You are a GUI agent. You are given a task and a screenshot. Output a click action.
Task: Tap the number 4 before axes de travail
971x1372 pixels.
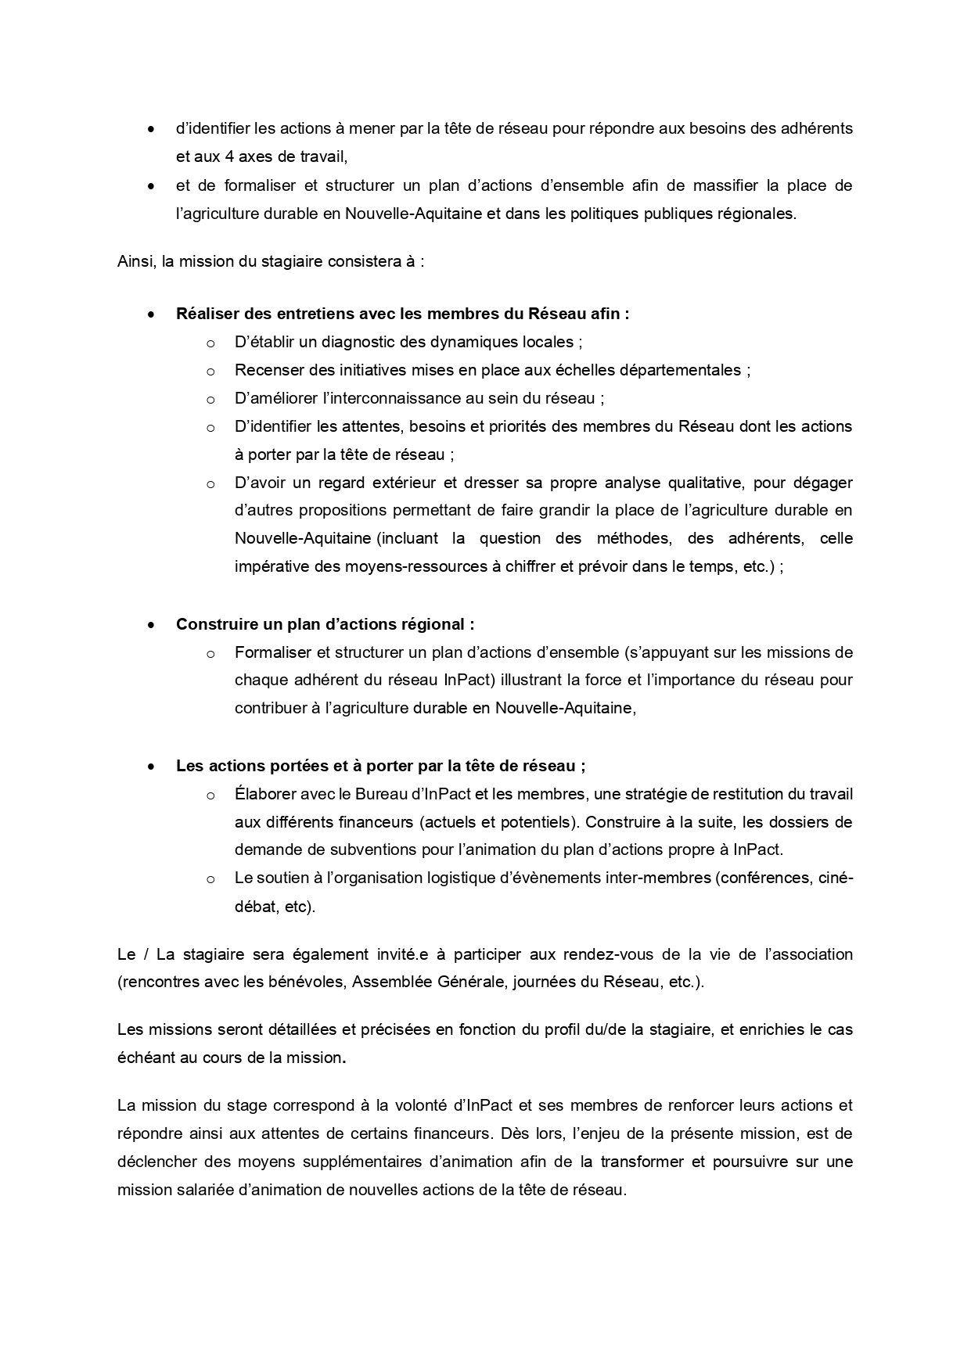(x=229, y=156)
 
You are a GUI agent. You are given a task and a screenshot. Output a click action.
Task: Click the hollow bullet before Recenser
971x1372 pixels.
(x=210, y=371)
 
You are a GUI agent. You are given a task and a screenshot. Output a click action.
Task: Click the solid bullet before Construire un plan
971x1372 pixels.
(x=151, y=625)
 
